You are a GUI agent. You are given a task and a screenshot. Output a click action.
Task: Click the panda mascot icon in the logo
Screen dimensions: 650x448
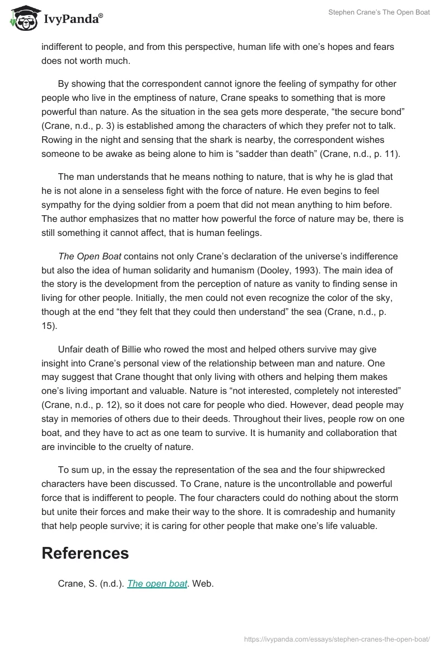coord(22,17)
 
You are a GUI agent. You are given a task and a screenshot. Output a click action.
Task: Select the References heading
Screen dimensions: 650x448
coord(85,553)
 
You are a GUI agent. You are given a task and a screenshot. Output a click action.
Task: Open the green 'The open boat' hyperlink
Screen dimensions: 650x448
coord(157,583)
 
